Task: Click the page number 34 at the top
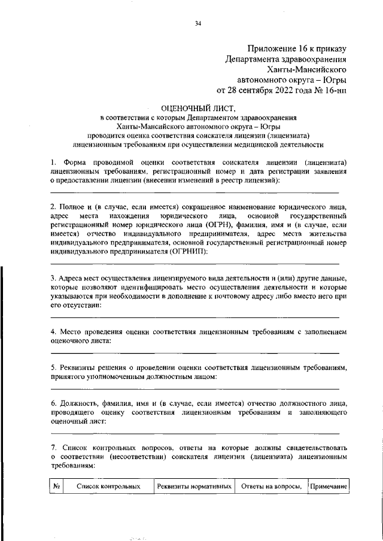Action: coord(197,23)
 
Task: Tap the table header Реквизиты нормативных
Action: coord(194,487)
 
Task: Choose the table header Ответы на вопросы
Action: coord(270,487)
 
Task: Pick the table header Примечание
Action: coord(328,487)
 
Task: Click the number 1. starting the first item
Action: coord(53,162)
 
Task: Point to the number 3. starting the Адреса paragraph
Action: coord(53,279)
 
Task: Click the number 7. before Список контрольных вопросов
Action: coord(53,447)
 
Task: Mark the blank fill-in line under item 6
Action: coord(194,432)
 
